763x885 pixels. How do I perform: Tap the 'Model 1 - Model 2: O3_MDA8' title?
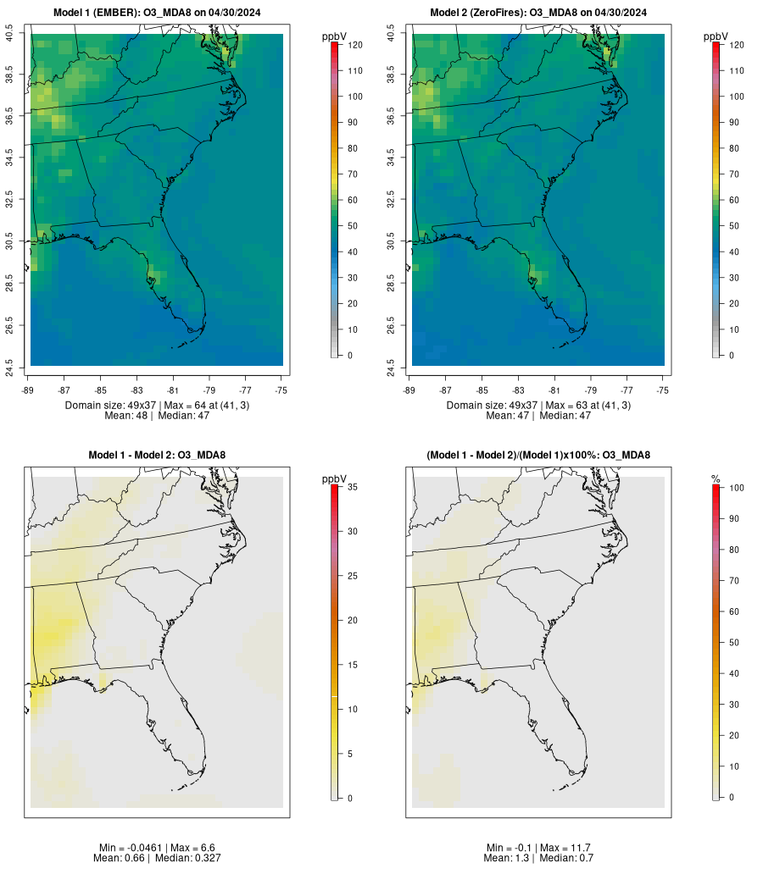157,456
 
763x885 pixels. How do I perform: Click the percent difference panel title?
538,456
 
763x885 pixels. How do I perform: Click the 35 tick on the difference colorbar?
350,487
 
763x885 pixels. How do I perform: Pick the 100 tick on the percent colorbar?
734,488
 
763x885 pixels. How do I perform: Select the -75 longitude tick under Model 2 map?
663,390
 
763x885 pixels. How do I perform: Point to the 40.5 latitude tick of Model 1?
9,35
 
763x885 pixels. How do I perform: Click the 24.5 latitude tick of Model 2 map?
392,365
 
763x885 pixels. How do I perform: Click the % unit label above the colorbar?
716,479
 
